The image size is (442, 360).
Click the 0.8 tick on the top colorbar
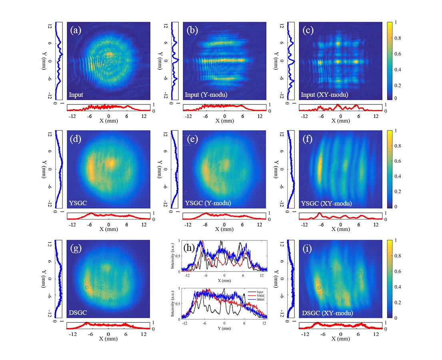click(x=402, y=38)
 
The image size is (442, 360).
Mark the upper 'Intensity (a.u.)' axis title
click(x=173, y=256)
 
